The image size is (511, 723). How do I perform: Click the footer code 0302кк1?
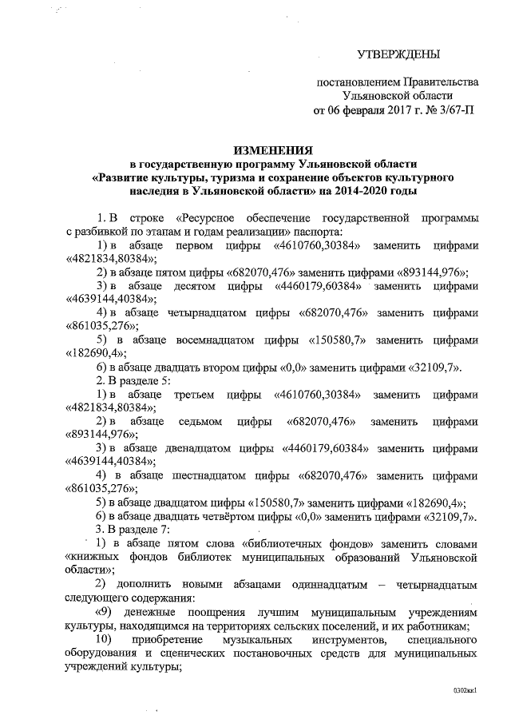tap(465, 688)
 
